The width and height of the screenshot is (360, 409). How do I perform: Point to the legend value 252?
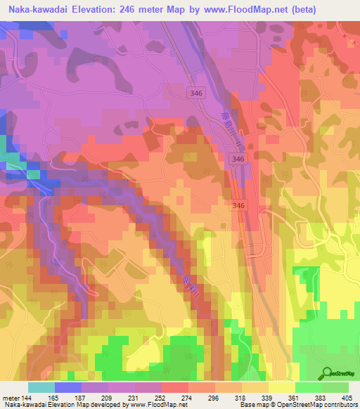150,397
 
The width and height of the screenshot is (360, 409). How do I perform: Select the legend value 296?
204,397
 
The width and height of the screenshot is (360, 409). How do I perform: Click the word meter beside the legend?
11,397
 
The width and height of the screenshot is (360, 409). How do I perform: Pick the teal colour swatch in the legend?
41,387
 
